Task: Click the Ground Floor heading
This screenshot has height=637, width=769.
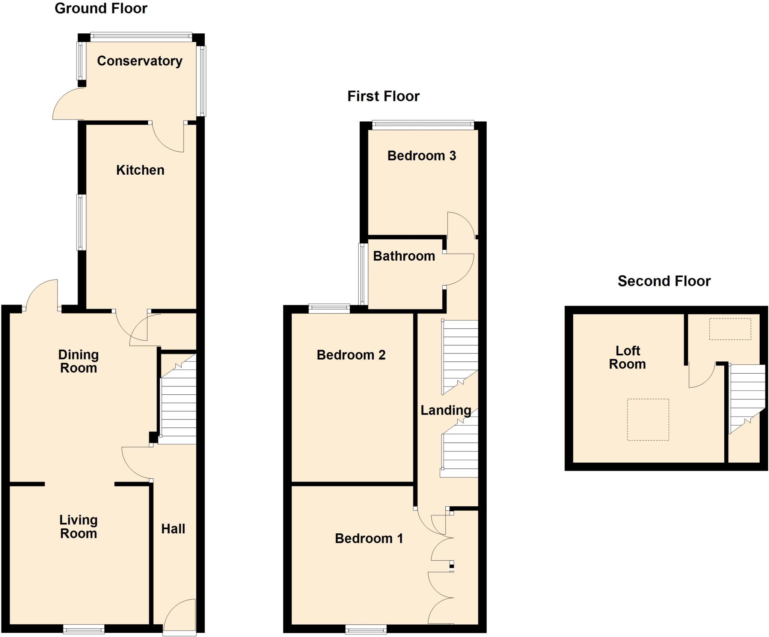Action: pos(101,8)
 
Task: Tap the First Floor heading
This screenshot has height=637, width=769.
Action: pos(383,96)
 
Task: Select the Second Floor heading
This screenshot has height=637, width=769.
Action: pos(664,281)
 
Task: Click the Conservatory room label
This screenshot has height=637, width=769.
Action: pos(140,61)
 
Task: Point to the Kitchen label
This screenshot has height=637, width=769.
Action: pos(140,170)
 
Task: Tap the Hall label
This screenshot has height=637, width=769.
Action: pos(173,529)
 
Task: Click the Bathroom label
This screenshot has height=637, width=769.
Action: pos(404,256)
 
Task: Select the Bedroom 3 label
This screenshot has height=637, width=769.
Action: pos(422,155)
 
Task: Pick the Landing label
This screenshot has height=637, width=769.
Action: pos(446,410)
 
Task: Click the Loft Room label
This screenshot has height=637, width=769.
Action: pos(627,357)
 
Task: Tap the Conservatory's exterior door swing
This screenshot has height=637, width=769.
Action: pos(68,104)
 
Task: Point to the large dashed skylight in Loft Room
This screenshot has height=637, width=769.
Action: pos(648,419)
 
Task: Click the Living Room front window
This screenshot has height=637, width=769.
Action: pos(83,628)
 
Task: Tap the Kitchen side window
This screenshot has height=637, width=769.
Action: pos(81,222)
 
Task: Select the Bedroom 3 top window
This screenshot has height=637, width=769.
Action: pos(423,125)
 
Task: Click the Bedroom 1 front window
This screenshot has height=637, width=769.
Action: pos(366,628)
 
